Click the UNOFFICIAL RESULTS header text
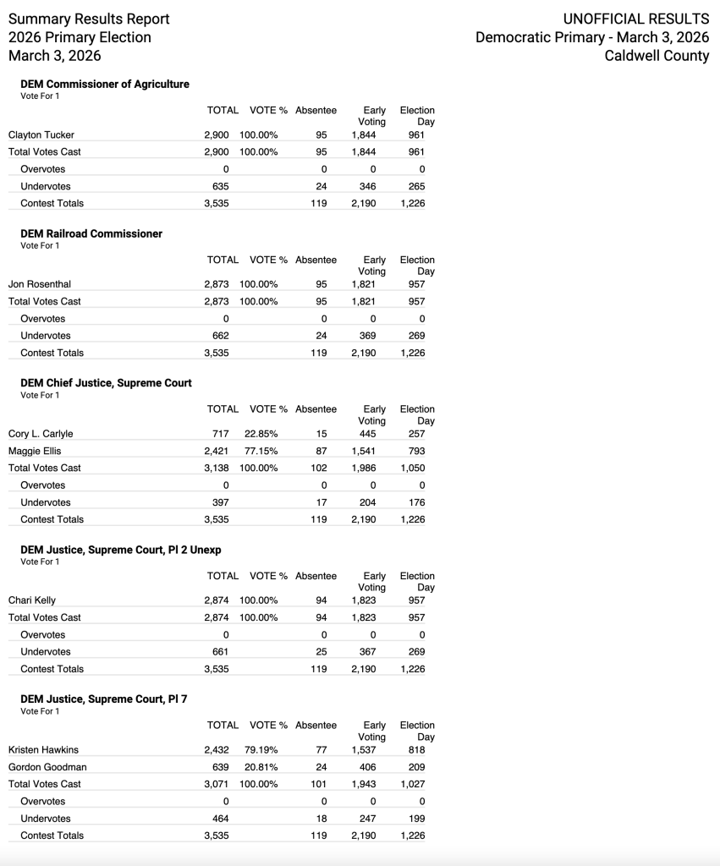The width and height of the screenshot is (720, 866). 636,19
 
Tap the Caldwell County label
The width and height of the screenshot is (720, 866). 657,56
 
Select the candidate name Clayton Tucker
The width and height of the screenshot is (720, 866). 41,134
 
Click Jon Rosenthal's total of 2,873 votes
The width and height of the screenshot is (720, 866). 217,284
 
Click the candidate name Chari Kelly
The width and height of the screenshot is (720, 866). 32,600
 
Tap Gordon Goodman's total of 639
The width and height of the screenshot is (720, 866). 220,767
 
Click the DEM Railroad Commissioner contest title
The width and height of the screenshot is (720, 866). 91,233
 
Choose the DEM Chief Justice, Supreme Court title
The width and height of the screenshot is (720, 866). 106,383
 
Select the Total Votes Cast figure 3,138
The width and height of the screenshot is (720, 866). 217,468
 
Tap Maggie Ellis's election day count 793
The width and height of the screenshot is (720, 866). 416,451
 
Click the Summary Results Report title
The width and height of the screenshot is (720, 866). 89,19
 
